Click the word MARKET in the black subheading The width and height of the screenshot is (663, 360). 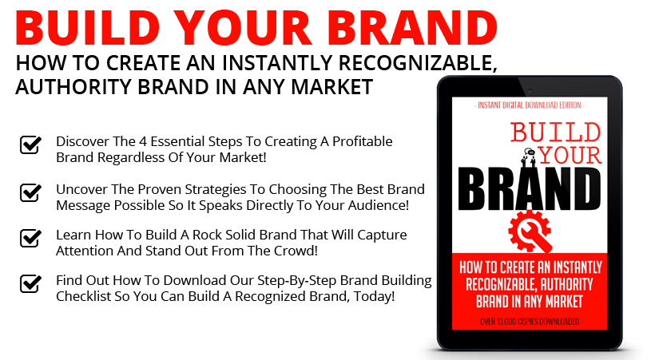pos(332,87)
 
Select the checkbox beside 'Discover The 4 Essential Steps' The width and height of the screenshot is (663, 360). pos(30,145)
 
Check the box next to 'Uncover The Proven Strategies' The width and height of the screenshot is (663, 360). pos(30,192)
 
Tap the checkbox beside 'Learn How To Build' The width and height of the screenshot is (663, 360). pos(30,239)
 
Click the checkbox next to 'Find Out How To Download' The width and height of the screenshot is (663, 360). pos(30,283)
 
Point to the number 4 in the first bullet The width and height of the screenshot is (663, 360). pos(143,141)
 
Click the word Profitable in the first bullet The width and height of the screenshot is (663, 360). pos(363,141)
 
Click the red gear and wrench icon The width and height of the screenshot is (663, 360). pos(530,232)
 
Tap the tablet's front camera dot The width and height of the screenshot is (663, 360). pos(530,90)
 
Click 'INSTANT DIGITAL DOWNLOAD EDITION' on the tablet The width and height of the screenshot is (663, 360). pos(530,105)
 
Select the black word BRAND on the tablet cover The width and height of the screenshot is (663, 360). pos(530,189)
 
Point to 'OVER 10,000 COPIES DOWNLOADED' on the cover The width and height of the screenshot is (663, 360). pos(530,322)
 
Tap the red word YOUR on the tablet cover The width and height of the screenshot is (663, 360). pos(570,156)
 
